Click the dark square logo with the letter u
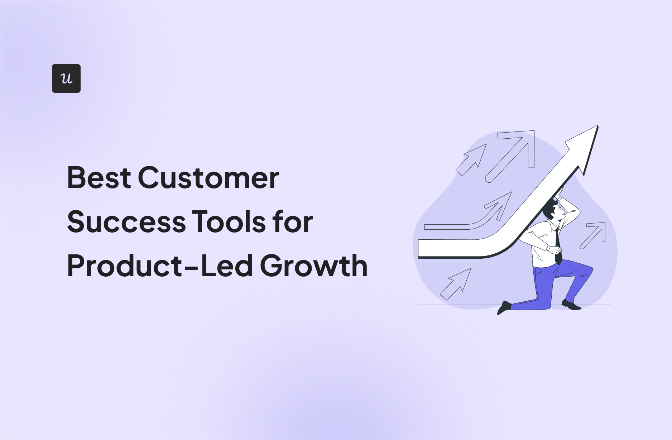pos(66,78)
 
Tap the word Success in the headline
pos(126,222)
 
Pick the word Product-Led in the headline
pos(160,266)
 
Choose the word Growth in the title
pos(314,266)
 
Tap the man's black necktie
pos(557,247)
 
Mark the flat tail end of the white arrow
pos(419,249)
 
